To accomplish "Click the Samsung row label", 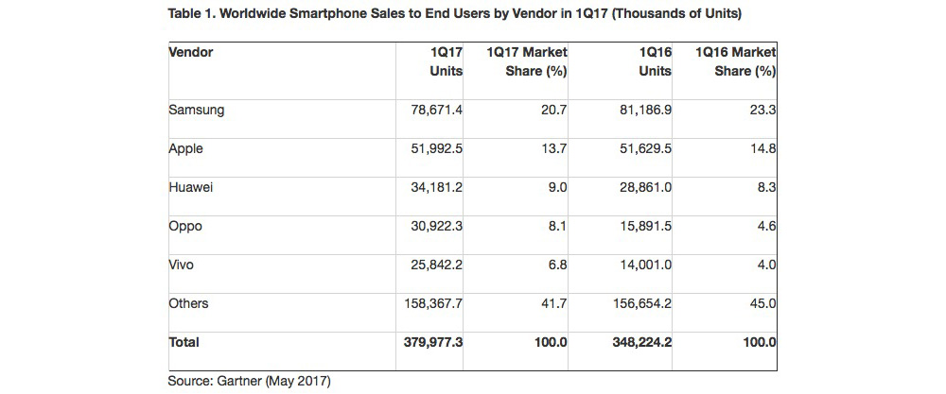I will (196, 110).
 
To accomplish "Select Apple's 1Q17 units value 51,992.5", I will (431, 148).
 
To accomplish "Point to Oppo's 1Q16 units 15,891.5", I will (641, 227).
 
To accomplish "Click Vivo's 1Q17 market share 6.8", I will (556, 266).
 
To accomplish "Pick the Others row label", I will (188, 304).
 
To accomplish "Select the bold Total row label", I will (184, 343).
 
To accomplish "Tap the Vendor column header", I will (190, 53).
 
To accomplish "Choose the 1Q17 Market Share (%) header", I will (527, 61).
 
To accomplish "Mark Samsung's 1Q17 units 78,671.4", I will (431, 110).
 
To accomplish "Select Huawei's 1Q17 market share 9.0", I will (556, 187).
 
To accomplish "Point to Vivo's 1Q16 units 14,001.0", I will (641, 266).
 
